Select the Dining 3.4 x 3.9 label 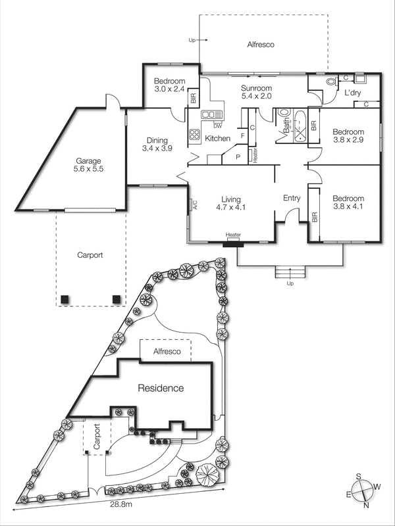click(157, 145)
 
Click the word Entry click(291, 198)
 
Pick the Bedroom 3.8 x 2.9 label click(348, 135)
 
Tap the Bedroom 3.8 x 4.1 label click(348, 203)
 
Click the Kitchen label click(218, 139)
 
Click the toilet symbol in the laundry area click(330, 82)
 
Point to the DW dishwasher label click(217, 125)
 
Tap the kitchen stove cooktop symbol click(195, 135)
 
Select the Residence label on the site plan click(160, 388)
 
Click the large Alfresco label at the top click(260, 45)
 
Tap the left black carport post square click(65, 299)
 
